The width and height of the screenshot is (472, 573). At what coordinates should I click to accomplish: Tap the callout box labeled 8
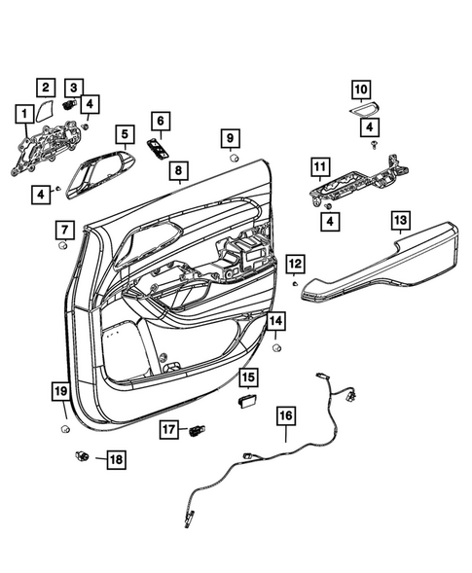pyautogui.click(x=177, y=171)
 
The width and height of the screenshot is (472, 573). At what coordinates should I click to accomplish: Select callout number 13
pyautogui.click(x=401, y=222)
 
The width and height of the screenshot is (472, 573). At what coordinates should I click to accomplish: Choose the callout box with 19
pyautogui.click(x=58, y=392)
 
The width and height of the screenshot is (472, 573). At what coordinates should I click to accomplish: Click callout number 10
pyautogui.click(x=360, y=90)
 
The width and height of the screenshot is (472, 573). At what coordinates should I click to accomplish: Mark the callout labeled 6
pyautogui.click(x=160, y=122)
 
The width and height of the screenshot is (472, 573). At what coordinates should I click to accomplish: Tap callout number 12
pyautogui.click(x=295, y=263)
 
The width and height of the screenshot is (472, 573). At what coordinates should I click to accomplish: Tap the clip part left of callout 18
pyautogui.click(x=83, y=454)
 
